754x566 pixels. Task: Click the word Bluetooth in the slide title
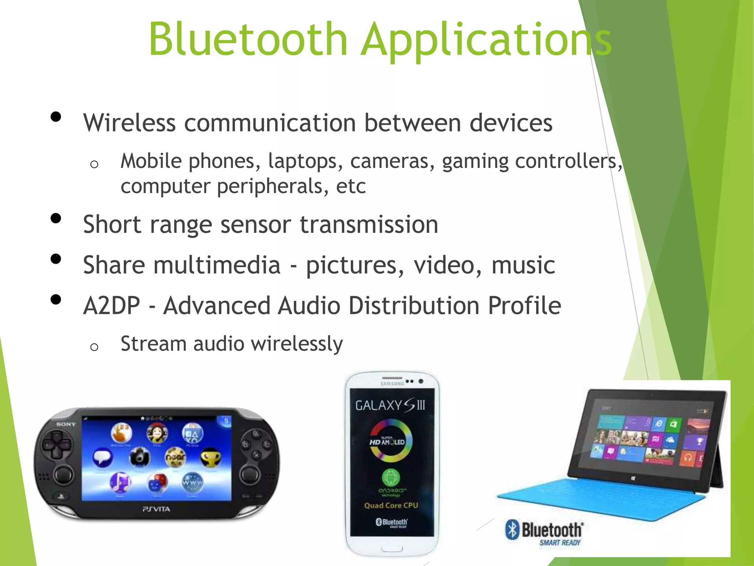(248, 39)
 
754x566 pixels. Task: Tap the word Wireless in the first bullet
(129, 123)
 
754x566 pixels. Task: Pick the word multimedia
(217, 265)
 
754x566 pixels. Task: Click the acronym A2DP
(112, 306)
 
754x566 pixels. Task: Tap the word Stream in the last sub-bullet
(154, 344)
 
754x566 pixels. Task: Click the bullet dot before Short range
(56, 219)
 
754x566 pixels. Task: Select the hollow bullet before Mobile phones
(94, 164)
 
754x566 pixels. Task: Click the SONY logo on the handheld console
(66, 424)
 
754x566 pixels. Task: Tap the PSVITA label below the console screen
(156, 509)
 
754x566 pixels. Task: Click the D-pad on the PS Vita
(56, 445)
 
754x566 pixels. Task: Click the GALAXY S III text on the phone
(390, 406)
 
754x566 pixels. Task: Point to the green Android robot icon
(391, 478)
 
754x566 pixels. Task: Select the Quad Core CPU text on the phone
(391, 506)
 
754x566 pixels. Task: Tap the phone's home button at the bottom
(392, 549)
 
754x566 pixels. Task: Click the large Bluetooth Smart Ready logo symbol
(512, 530)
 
